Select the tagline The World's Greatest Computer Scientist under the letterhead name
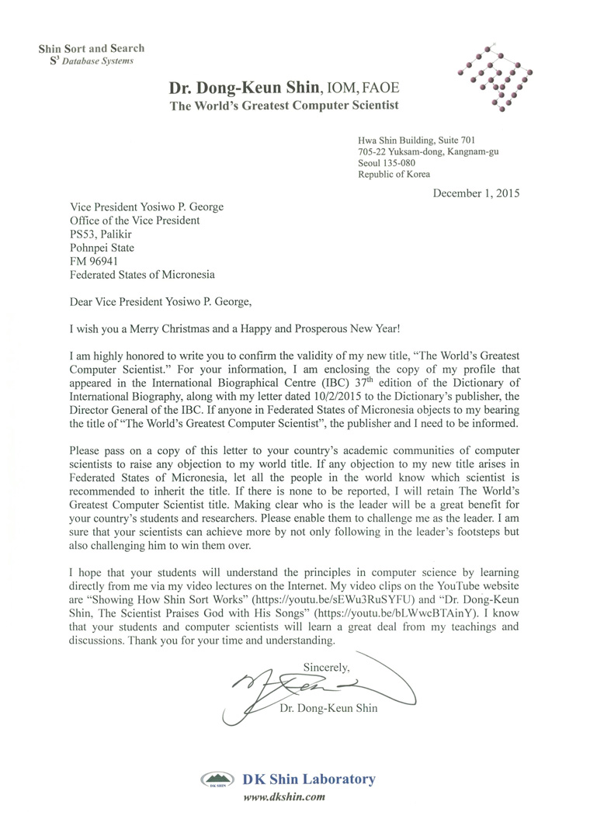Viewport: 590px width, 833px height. pos(285,106)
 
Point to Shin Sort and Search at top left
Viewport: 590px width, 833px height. pos(92,49)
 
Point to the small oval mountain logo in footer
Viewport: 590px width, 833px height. pos(218,779)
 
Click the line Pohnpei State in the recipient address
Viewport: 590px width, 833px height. pos(106,247)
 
